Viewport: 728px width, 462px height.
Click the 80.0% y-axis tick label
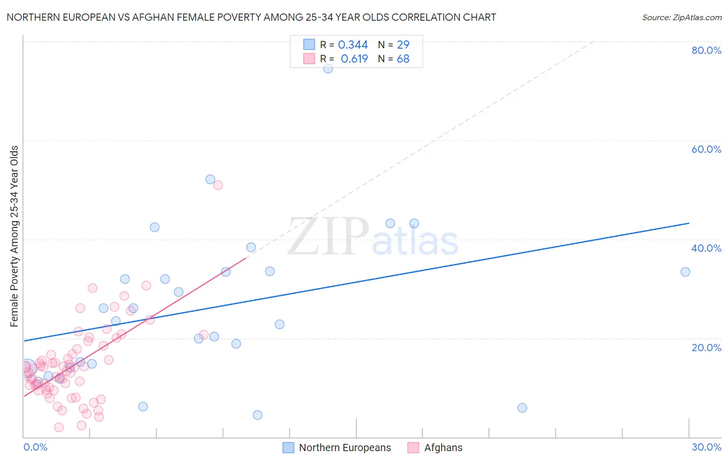[x=706, y=50]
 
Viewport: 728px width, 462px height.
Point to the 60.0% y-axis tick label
[x=706, y=149]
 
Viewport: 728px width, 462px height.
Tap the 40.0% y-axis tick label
[x=706, y=248]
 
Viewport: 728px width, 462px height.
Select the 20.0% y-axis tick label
[x=706, y=348]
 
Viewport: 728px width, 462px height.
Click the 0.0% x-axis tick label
[x=35, y=447]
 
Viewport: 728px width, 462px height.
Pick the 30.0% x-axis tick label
[x=706, y=447]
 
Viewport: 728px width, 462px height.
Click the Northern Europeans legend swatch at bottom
[x=288, y=447]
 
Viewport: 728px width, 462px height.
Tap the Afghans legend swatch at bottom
[x=413, y=447]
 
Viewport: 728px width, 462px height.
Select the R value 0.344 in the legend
[x=353, y=45]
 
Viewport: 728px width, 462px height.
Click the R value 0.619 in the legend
[x=354, y=59]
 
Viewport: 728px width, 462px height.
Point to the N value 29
[x=403, y=45]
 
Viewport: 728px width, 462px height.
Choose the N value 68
[x=403, y=59]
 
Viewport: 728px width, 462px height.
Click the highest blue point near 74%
[x=328, y=68]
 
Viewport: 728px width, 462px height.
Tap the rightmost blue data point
[x=685, y=272]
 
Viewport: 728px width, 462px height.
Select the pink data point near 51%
[x=218, y=185]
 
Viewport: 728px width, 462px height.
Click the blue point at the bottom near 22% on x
[x=522, y=408]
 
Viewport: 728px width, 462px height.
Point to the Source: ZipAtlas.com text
[x=681, y=18]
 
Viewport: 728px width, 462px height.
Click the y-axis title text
[x=14, y=236]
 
